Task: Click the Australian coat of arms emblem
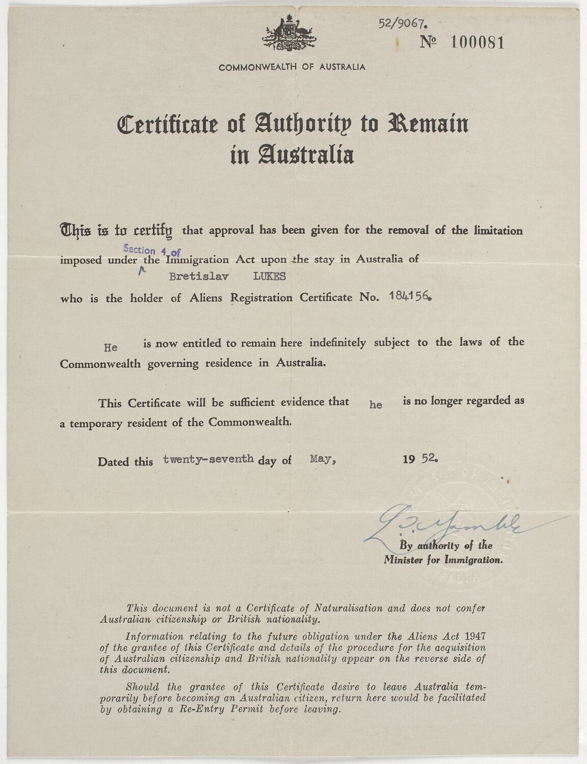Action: click(x=288, y=34)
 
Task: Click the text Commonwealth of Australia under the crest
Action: click(x=292, y=67)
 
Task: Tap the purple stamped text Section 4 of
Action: click(x=152, y=250)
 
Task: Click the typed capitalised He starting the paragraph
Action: click(x=111, y=348)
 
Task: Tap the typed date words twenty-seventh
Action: click(x=208, y=458)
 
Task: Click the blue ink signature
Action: click(x=433, y=525)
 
